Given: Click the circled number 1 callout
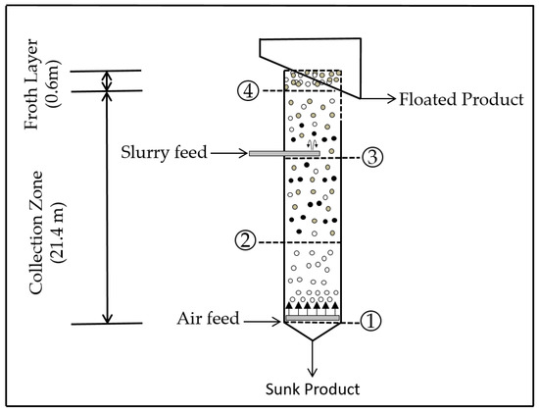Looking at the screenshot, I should click(370, 322).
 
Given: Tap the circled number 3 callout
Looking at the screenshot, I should click(370, 156).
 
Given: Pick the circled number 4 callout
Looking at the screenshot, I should click(249, 90).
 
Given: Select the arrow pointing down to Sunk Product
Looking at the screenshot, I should click(311, 364).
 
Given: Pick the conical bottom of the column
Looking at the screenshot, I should click(311, 334).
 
